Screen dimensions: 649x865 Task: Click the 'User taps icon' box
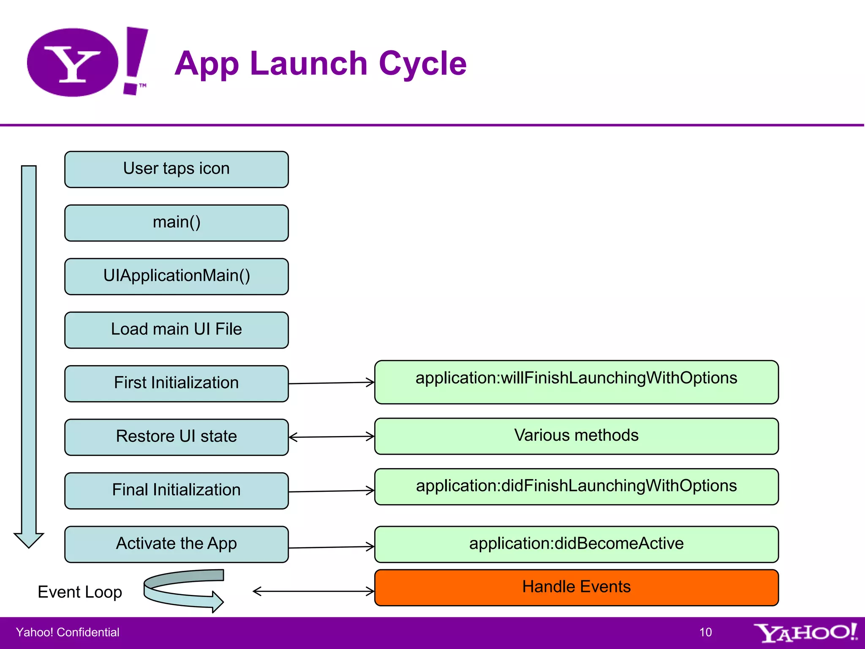click(x=177, y=169)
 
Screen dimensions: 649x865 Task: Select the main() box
click(x=177, y=223)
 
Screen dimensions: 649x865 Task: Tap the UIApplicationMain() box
click(x=177, y=276)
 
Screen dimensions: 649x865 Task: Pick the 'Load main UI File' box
click(x=177, y=330)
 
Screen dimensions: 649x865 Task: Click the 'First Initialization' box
click(x=177, y=383)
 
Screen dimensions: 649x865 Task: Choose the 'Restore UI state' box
click(x=177, y=437)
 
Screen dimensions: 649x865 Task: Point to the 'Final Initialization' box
click(x=177, y=491)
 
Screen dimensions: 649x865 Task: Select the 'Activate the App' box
click(x=177, y=544)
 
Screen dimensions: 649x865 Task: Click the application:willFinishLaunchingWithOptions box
click(x=576, y=382)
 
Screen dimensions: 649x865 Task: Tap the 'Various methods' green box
click(x=576, y=436)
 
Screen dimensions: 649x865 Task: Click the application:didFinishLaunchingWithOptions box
click(x=576, y=486)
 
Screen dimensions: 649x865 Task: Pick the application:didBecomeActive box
click(x=576, y=544)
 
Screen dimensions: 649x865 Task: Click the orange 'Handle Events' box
click(x=576, y=587)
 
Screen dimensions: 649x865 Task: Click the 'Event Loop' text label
click(x=80, y=592)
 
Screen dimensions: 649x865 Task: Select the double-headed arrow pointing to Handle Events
click(x=313, y=591)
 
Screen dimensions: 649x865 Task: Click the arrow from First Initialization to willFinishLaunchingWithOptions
click(x=331, y=383)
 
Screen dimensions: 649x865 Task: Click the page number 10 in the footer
click(x=705, y=632)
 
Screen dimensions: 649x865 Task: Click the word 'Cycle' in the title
click(x=423, y=63)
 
